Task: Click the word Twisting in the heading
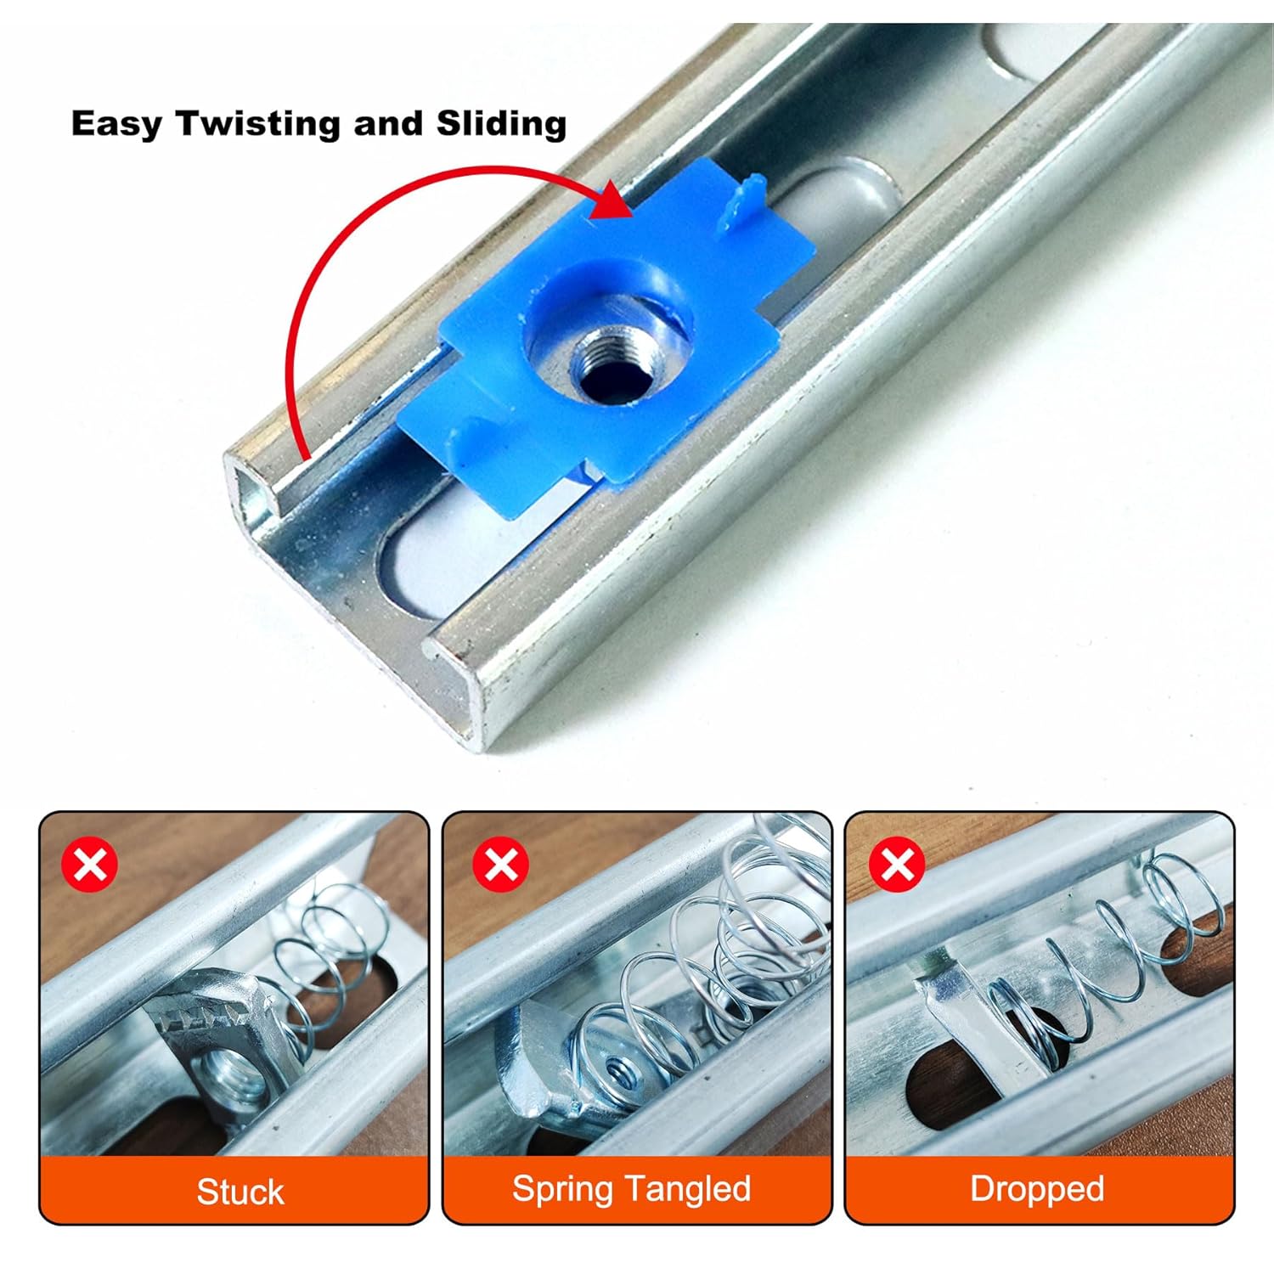[x=258, y=124]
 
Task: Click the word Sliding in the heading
[x=501, y=123]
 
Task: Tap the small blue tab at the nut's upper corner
[x=737, y=204]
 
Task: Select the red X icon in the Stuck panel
[x=90, y=864]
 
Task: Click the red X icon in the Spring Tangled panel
[x=500, y=864]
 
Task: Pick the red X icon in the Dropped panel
[x=897, y=864]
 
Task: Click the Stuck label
[x=240, y=1191]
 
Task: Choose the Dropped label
[x=1037, y=1189]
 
